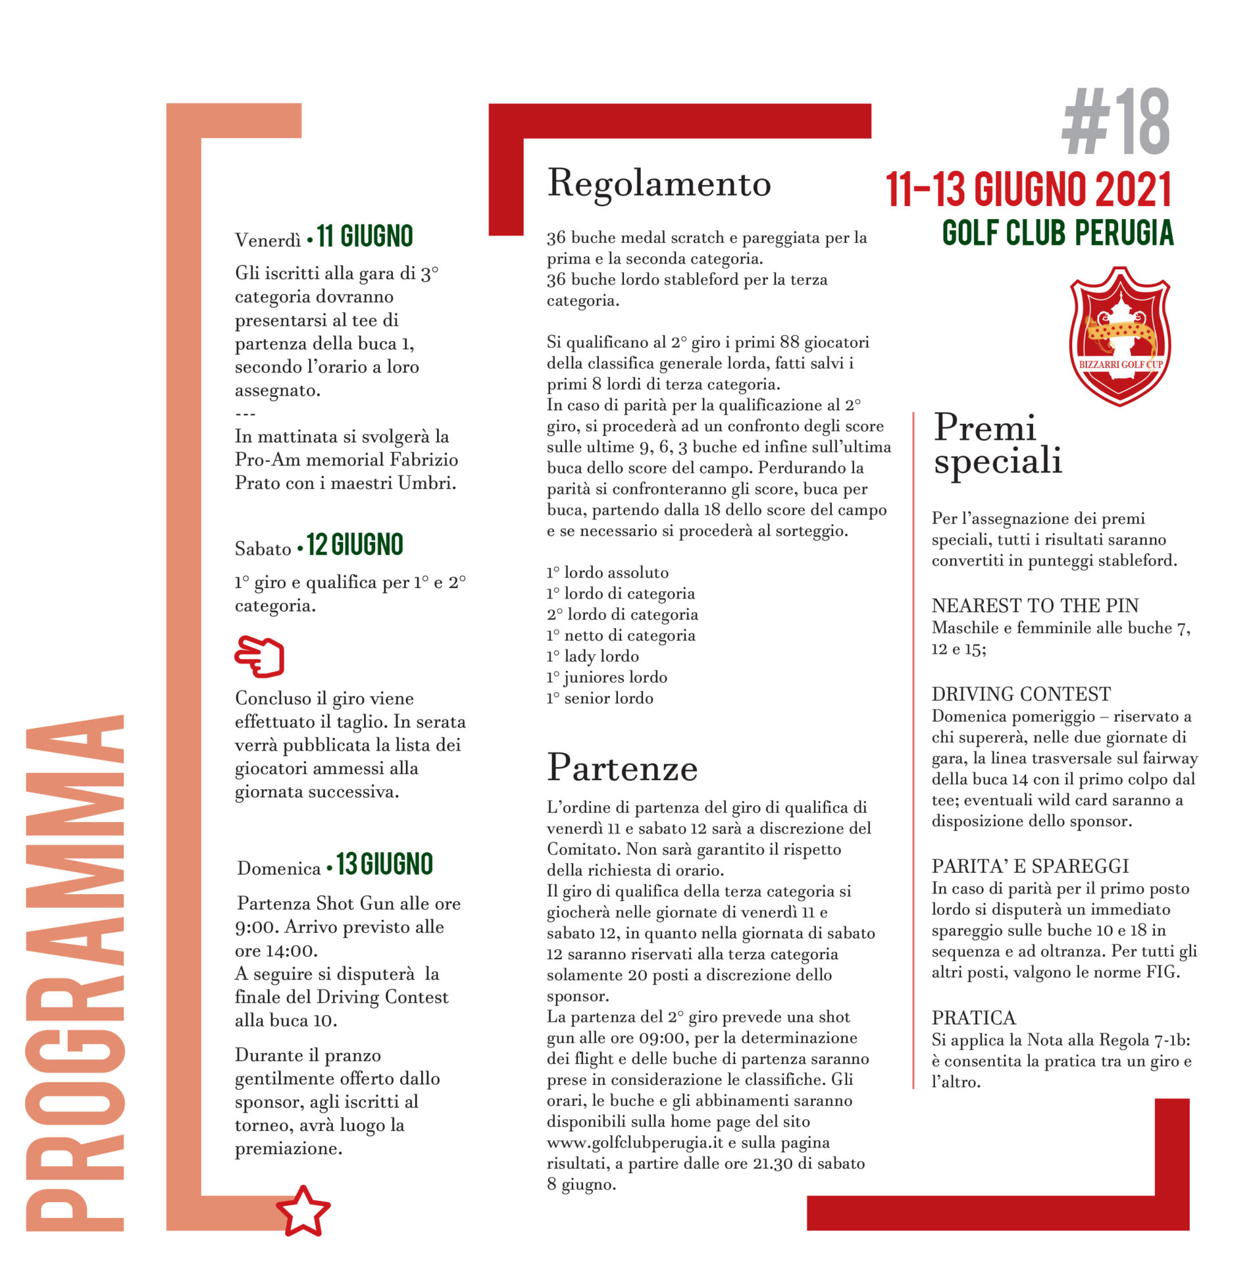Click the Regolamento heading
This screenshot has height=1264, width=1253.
click(659, 184)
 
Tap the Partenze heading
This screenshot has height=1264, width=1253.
click(622, 768)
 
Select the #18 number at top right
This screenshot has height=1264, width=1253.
click(1115, 122)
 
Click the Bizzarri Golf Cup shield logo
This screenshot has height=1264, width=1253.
click(1119, 336)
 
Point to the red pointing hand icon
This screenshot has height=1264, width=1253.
click(259, 656)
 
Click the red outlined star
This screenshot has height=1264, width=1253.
click(303, 1212)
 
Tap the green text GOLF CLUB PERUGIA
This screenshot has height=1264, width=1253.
click(1058, 233)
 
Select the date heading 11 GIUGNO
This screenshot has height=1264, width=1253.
click(365, 236)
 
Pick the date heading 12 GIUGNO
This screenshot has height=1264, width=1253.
click(355, 545)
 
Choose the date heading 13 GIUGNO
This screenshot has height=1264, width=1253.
click(384, 864)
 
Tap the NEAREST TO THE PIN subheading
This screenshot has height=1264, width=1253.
click(1035, 606)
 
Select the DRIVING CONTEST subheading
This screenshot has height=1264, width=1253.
click(1021, 694)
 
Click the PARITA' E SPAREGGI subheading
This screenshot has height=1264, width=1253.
click(1030, 866)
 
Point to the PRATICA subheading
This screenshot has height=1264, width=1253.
click(973, 1018)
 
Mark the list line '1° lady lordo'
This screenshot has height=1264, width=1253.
click(592, 656)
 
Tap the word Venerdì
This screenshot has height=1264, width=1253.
click(267, 240)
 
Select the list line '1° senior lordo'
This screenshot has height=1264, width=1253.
click(600, 698)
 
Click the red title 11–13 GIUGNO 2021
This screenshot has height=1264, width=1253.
click(1029, 190)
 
